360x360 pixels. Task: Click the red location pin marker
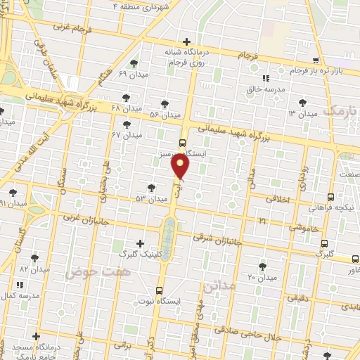coord(181,166)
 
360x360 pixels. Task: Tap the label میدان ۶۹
coord(132,74)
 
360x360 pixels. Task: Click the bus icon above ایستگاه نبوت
coord(160,289)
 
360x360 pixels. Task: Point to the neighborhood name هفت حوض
coord(90,271)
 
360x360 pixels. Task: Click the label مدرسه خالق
coord(264,89)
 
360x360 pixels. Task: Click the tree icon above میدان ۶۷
coord(127,124)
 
